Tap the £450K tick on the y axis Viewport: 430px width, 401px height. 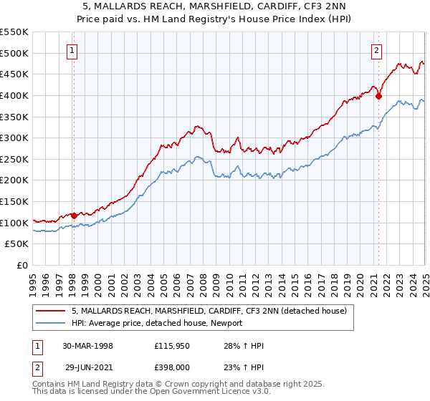(14, 74)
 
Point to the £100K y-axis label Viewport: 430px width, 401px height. (14, 223)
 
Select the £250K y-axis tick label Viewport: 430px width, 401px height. (14, 159)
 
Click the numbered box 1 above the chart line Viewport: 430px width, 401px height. (73, 50)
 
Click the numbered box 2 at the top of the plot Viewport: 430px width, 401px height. (377, 50)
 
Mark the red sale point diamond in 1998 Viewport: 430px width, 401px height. (74, 216)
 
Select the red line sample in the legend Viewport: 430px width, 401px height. (51, 311)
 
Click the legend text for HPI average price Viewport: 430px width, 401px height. (157, 323)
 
